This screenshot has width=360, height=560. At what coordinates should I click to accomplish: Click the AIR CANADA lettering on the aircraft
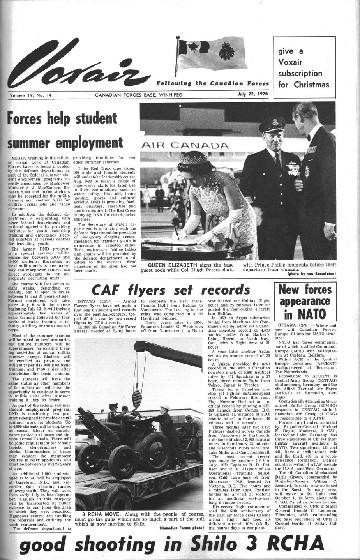185,146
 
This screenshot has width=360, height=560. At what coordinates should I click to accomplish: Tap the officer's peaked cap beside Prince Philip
272,124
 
